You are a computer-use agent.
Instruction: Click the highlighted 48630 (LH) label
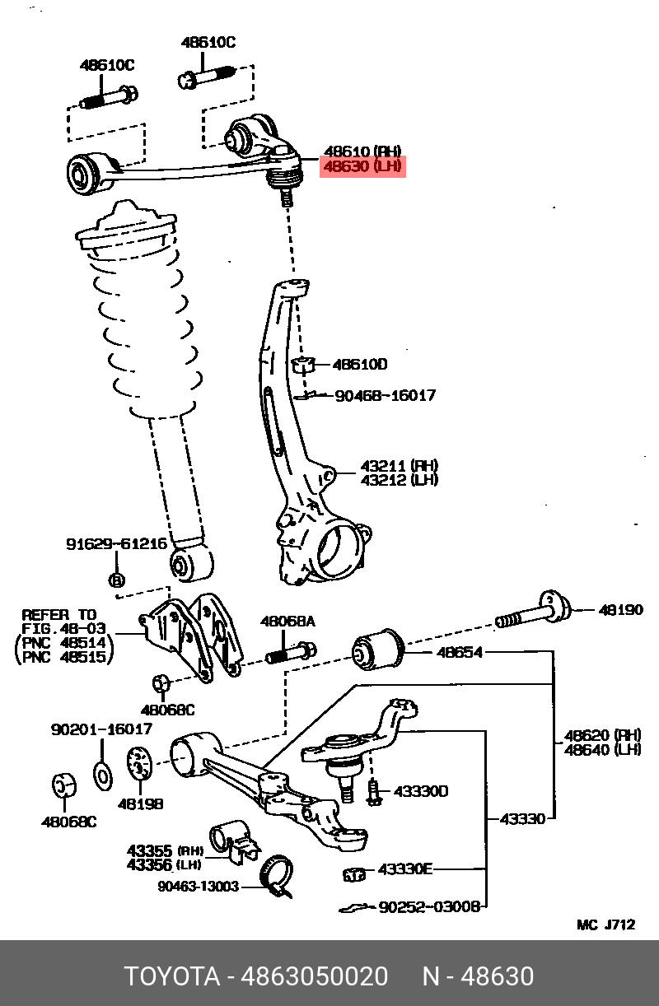(x=362, y=167)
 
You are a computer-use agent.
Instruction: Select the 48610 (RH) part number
(x=362, y=151)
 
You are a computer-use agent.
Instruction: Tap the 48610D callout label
(x=360, y=365)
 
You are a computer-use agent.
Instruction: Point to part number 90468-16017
(x=385, y=396)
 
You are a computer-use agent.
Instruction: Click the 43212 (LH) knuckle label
(x=399, y=480)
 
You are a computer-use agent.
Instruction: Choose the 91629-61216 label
(x=116, y=544)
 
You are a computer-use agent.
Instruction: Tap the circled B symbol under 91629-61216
(x=116, y=580)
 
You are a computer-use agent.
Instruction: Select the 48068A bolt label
(x=287, y=622)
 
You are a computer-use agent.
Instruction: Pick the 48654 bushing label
(x=460, y=653)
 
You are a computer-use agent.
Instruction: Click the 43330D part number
(x=420, y=792)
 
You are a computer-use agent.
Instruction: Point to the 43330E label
(x=405, y=869)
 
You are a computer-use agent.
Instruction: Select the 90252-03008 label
(x=428, y=906)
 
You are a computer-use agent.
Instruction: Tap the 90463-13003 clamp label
(x=198, y=887)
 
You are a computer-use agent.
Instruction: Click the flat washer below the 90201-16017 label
(x=104, y=775)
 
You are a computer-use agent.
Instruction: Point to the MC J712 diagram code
(x=605, y=924)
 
